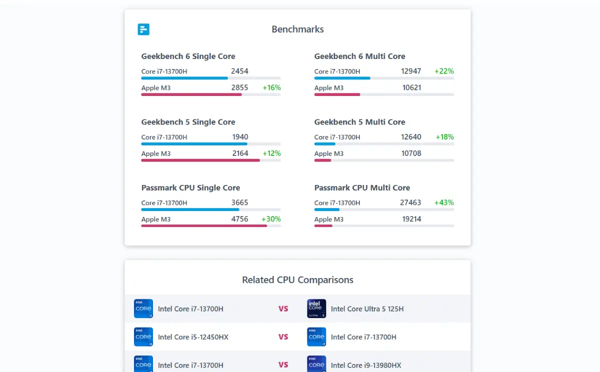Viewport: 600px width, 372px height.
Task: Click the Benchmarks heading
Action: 297,29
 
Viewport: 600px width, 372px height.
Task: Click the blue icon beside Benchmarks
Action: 143,29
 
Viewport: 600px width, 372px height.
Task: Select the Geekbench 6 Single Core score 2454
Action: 239,71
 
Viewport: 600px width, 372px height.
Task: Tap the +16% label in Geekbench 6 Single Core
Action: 271,87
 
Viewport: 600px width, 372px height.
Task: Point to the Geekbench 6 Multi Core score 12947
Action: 411,71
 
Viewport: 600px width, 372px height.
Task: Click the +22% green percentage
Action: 444,71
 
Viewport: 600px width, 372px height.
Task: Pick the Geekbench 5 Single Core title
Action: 188,122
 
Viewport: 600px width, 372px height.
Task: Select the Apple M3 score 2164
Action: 240,153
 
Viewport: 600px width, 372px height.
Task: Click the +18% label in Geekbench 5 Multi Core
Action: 444,137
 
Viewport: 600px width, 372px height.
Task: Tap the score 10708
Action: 411,153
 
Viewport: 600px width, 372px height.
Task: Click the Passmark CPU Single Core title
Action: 190,187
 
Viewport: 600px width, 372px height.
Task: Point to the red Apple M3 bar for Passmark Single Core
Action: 204,226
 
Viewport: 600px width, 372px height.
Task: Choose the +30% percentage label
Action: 271,219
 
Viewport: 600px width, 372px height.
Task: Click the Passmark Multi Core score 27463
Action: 410,202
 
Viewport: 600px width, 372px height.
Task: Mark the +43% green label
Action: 444,202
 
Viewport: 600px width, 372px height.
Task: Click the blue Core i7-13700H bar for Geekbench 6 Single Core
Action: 184,78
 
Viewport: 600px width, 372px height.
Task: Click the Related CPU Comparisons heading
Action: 297,280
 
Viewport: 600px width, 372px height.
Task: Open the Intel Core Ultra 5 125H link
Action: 367,309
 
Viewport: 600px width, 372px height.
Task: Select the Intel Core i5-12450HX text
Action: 193,337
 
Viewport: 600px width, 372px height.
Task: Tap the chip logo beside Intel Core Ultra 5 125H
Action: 316,308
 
